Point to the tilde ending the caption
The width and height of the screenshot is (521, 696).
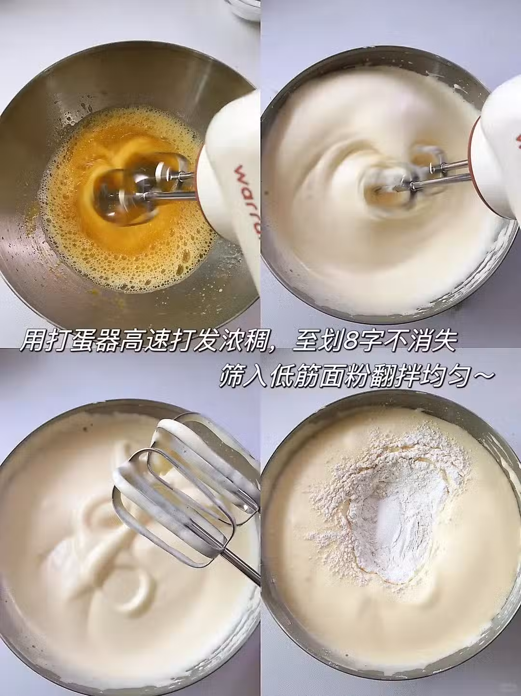click(x=482, y=376)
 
